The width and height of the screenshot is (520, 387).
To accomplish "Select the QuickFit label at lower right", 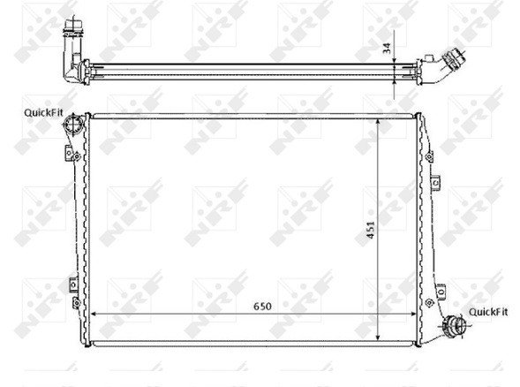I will pyautogui.click(x=488, y=311).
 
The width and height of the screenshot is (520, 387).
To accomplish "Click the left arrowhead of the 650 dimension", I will pyautogui.click(x=95, y=315).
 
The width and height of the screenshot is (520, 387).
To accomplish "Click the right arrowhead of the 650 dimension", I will pyautogui.click(x=427, y=315).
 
